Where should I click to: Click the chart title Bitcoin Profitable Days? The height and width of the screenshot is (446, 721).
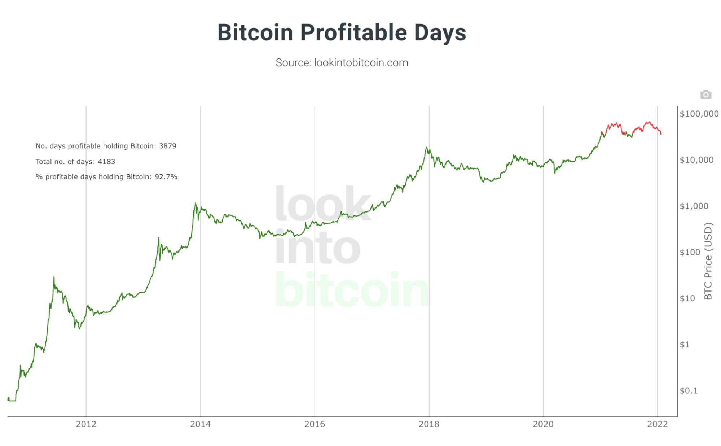pos(342,32)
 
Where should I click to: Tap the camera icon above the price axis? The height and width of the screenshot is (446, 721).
pos(705,95)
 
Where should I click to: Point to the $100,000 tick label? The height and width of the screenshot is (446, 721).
pos(699,114)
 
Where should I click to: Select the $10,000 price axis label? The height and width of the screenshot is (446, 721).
pos(696,160)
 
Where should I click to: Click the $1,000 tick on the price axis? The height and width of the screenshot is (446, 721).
pos(694,206)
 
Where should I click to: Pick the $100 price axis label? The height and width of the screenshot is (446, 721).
pos(690,252)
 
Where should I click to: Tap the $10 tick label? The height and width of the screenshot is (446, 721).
pos(687,298)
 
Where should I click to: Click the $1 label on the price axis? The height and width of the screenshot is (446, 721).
pos(684,345)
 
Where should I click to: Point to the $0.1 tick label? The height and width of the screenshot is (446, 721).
pos(688,390)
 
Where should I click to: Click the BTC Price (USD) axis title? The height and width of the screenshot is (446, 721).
pos(708,261)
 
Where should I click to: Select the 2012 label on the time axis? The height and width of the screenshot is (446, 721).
pos(86,424)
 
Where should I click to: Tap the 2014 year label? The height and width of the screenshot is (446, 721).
pos(201,424)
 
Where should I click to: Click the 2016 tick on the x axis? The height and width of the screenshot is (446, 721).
pos(315,424)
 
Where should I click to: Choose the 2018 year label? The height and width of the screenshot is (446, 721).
pos(429,424)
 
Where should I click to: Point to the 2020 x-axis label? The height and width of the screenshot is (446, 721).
pos(543,424)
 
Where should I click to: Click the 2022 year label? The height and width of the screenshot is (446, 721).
pos(658,424)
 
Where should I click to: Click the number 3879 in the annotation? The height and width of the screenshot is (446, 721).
pos(168,146)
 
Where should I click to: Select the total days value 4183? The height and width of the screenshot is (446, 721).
pos(106,162)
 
